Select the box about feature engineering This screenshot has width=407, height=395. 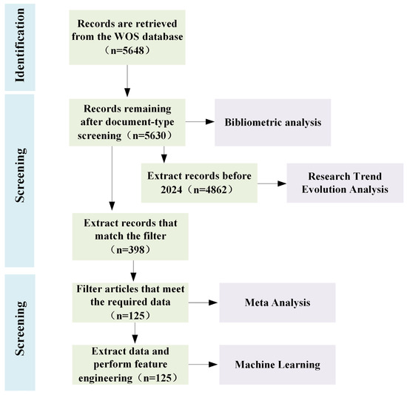pos(127,363)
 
